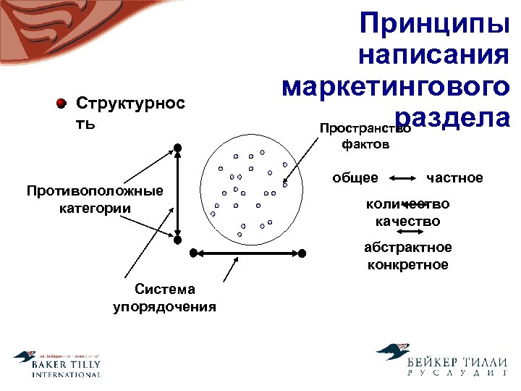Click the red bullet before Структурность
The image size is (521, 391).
click(62, 103)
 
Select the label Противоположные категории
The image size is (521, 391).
click(95, 199)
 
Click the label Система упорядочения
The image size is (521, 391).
click(164, 298)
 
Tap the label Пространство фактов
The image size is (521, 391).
click(365, 136)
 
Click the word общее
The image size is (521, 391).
click(355, 177)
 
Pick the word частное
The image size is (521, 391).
click(455, 177)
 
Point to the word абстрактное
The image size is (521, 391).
click(407, 248)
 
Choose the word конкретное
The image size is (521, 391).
click(407, 265)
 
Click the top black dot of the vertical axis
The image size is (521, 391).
click(178, 148)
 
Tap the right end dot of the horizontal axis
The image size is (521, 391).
click(302, 253)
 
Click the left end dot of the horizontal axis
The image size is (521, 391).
click(193, 253)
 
